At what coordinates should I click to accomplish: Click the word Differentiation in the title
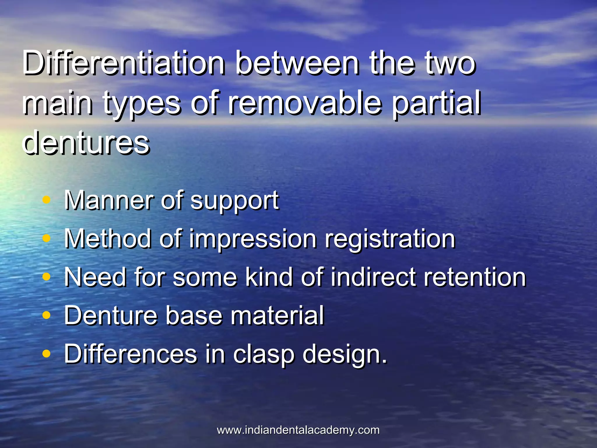pos(124,63)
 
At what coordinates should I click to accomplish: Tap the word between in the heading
pos(297,63)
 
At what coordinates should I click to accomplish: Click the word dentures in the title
pos(86,142)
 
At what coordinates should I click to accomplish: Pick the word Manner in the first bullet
pos(108,200)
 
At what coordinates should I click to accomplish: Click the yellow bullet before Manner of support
pos(46,200)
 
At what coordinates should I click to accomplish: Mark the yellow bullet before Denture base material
pos(46,315)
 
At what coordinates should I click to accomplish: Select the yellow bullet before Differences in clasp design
pos(46,354)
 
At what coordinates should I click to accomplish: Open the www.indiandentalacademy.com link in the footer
pos(298,430)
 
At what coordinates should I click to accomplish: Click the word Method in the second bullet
pos(108,239)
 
